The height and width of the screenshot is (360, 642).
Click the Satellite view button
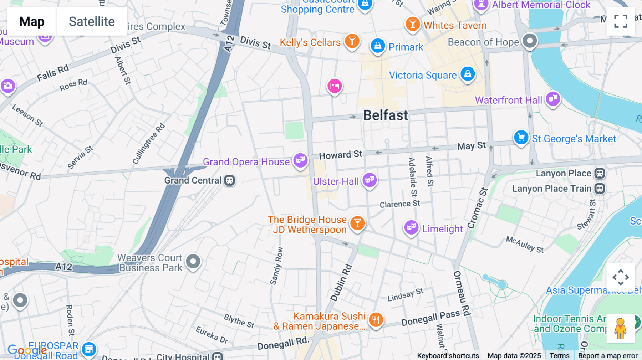(x=92, y=22)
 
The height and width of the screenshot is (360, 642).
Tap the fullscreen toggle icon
(x=621, y=21)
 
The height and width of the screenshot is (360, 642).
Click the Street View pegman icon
(x=620, y=328)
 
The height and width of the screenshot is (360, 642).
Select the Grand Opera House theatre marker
(x=300, y=160)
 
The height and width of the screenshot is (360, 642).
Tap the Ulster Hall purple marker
(x=370, y=180)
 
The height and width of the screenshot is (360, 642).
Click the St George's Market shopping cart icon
(x=521, y=137)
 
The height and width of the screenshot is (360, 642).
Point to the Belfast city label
(x=385, y=115)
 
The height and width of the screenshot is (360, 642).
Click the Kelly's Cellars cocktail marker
(x=352, y=41)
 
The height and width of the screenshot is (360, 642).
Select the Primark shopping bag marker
(x=378, y=46)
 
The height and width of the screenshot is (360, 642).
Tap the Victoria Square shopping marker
(x=468, y=74)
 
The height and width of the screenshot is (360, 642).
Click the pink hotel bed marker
(x=335, y=86)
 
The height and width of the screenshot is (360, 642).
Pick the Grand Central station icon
(x=229, y=180)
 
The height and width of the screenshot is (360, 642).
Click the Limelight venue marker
(x=411, y=227)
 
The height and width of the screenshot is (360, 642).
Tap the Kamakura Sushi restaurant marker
(x=376, y=320)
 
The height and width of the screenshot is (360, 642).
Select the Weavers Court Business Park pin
(x=193, y=261)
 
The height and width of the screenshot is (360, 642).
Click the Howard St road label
(x=340, y=155)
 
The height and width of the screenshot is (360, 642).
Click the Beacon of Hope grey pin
(x=530, y=41)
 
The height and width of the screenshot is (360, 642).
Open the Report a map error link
(x=608, y=356)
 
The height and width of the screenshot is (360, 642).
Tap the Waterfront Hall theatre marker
(x=553, y=98)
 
